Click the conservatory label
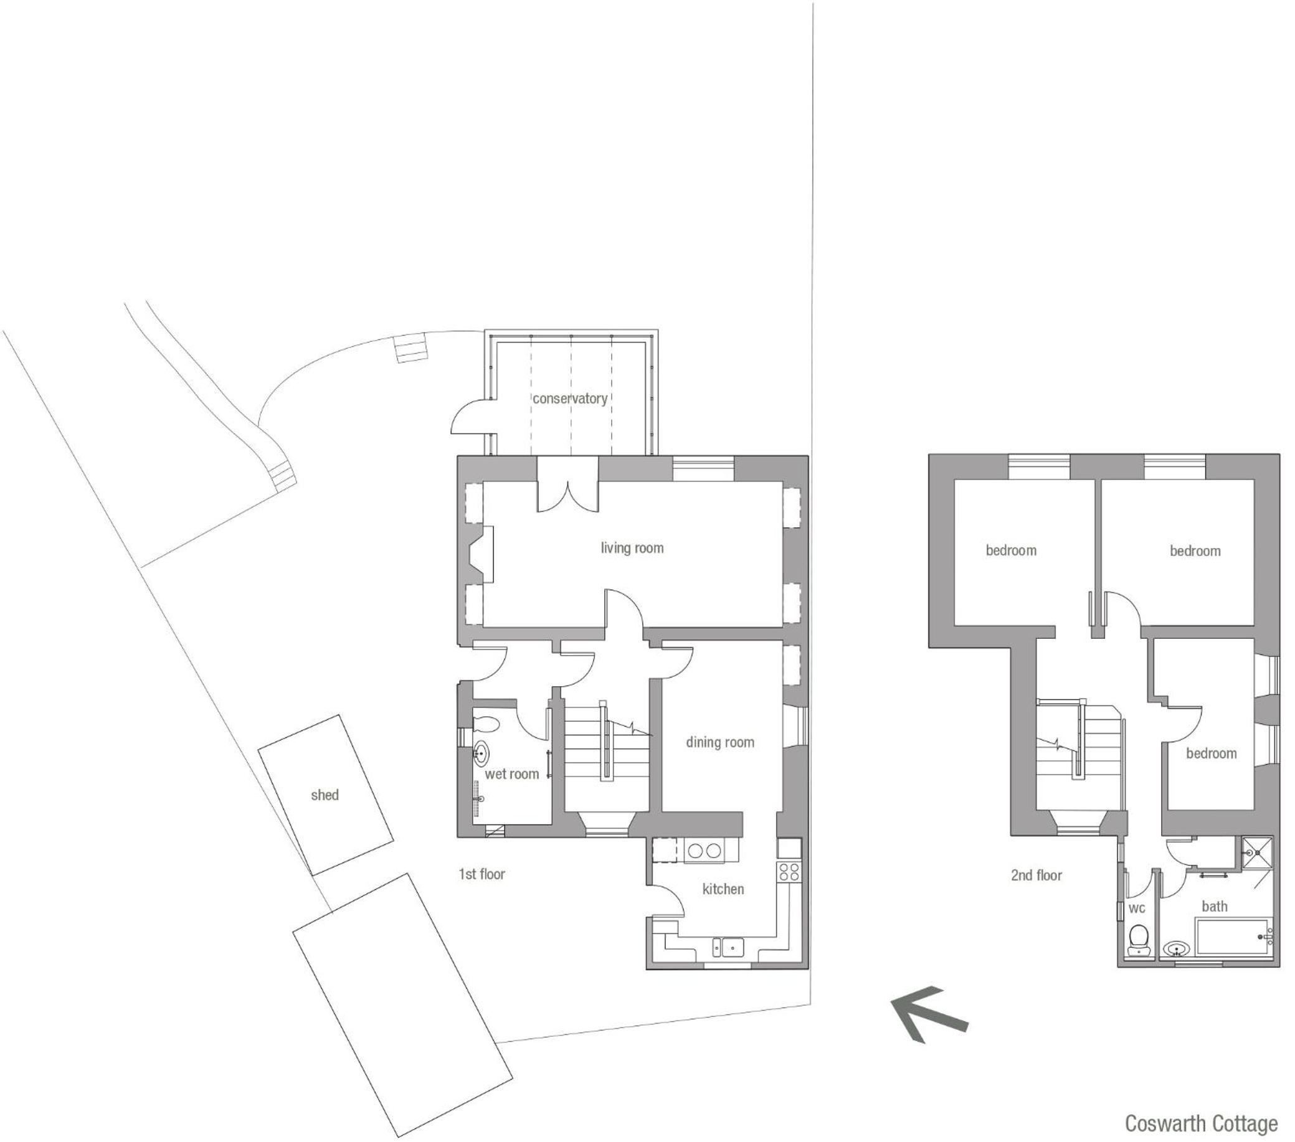point(569,399)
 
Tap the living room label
point(632,548)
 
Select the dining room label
point(719,742)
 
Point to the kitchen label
point(723,889)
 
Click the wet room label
point(512,774)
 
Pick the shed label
point(325,795)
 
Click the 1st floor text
point(481,874)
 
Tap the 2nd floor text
point(1036,875)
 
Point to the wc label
point(1137,909)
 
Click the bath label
point(1215,907)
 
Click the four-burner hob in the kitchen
point(789,872)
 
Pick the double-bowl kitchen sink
point(728,948)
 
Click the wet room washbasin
point(481,753)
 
